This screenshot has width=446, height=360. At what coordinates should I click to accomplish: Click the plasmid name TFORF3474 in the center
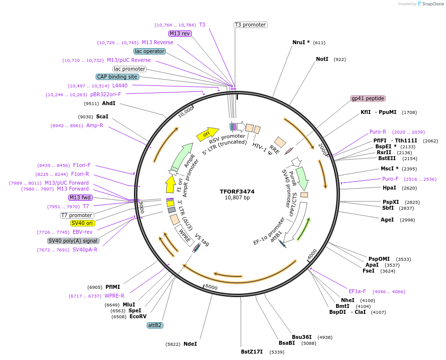coord(237,191)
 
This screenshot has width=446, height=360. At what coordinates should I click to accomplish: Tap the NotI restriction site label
coord(322,59)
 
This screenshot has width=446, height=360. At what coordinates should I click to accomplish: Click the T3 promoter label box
coord(250,25)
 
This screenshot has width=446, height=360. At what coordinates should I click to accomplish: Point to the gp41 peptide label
coord(368,98)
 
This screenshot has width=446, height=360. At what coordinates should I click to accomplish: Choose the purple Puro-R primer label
coord(378,132)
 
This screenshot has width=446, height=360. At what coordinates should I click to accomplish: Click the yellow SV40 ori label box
coord(82,223)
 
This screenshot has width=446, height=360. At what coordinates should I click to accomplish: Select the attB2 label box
coord(155,325)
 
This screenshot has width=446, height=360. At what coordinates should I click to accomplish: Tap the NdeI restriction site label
coord(190,344)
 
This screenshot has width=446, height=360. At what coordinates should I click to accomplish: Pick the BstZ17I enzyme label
coord(252,352)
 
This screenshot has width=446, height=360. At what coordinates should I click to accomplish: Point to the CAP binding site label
coord(118,77)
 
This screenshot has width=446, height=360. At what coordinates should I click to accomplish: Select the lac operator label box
coord(150,51)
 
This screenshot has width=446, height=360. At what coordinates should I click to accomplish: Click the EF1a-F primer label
coord(357,291)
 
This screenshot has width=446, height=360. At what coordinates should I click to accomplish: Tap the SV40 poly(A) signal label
coord(73,241)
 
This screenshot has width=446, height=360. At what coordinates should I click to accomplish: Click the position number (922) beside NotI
coord(340,59)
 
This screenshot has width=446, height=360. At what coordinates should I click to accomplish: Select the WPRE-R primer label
coord(114,296)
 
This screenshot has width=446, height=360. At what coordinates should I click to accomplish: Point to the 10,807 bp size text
coord(237,198)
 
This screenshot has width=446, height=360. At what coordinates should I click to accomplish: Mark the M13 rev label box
coord(180,33)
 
